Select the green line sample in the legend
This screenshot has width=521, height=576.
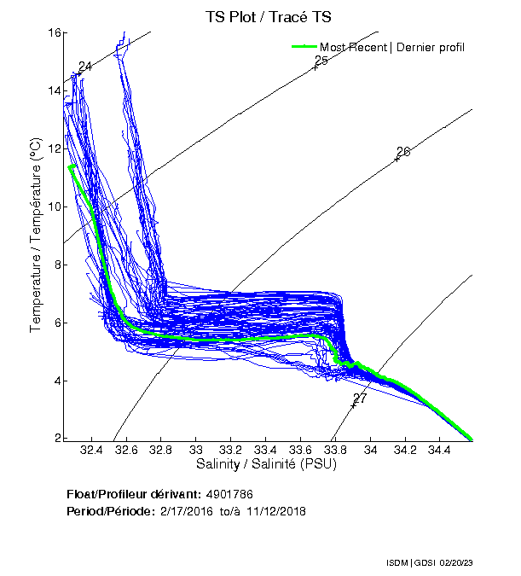point(303,46)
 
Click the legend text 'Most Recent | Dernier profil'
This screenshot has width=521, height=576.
point(392,46)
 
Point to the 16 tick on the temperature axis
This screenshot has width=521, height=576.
point(53,32)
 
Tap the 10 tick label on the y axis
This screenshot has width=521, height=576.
point(53,207)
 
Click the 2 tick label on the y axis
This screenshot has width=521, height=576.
point(56,439)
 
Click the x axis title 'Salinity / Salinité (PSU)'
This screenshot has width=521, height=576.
point(266,464)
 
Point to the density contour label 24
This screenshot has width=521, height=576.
point(84,67)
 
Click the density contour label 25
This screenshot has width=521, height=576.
point(321,61)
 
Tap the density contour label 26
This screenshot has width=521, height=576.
point(403,152)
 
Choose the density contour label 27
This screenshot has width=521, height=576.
point(360,399)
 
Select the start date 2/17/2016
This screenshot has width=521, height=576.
point(188,510)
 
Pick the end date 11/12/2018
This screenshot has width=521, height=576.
point(276,510)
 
